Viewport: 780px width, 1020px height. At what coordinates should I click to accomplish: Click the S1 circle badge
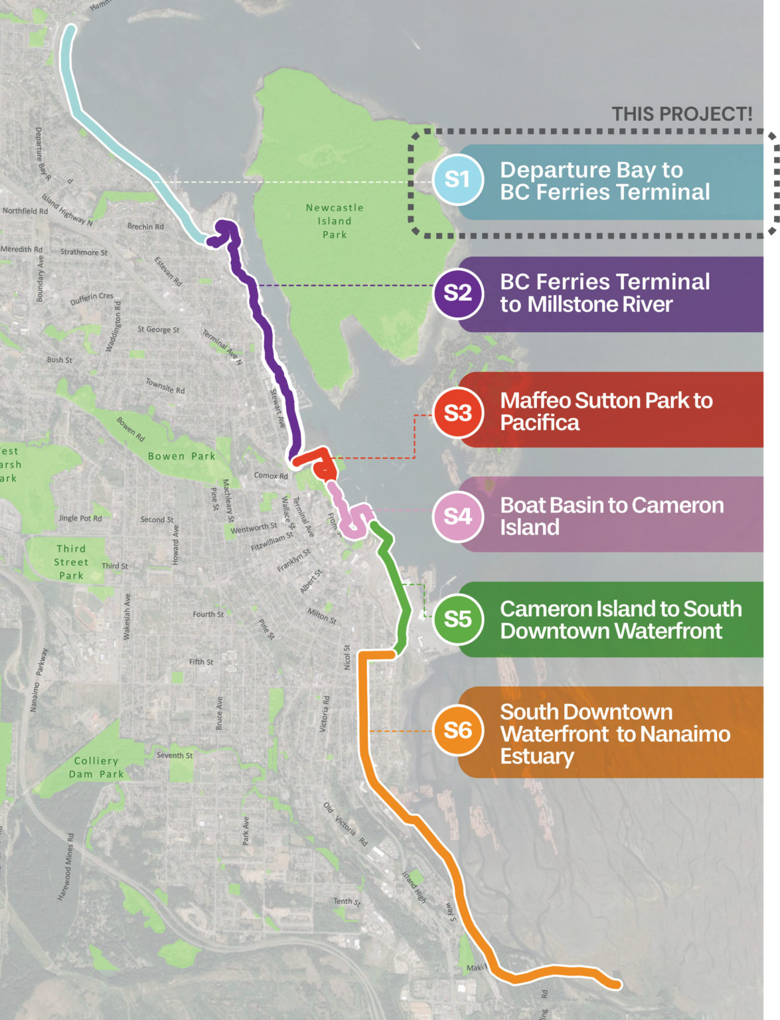457,179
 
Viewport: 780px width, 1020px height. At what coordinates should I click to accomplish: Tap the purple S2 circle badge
457,293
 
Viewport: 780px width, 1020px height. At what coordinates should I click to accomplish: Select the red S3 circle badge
457,413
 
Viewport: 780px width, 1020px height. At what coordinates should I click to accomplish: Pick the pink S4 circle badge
457,517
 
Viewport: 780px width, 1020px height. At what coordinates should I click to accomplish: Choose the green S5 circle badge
457,620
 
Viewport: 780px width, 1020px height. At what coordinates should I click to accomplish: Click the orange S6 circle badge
457,730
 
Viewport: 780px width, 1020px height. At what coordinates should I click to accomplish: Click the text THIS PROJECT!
682,114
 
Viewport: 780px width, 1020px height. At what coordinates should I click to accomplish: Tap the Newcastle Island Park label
335,221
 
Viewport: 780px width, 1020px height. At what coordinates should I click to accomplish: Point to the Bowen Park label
181,456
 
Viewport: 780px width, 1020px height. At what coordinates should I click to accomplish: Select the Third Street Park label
71,562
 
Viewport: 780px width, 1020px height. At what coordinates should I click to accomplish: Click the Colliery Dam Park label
96,768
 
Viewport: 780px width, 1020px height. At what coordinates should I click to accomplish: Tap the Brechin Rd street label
145,226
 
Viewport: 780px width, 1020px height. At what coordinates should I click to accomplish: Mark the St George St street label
158,329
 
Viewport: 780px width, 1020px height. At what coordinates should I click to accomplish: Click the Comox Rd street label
271,475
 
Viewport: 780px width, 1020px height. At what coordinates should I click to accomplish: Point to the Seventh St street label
175,755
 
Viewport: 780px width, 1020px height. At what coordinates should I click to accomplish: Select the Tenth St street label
347,901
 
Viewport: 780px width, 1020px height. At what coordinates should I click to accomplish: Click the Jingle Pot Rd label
80,518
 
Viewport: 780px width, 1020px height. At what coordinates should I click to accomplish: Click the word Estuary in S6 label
537,756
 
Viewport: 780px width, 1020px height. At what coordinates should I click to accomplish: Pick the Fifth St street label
201,662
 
